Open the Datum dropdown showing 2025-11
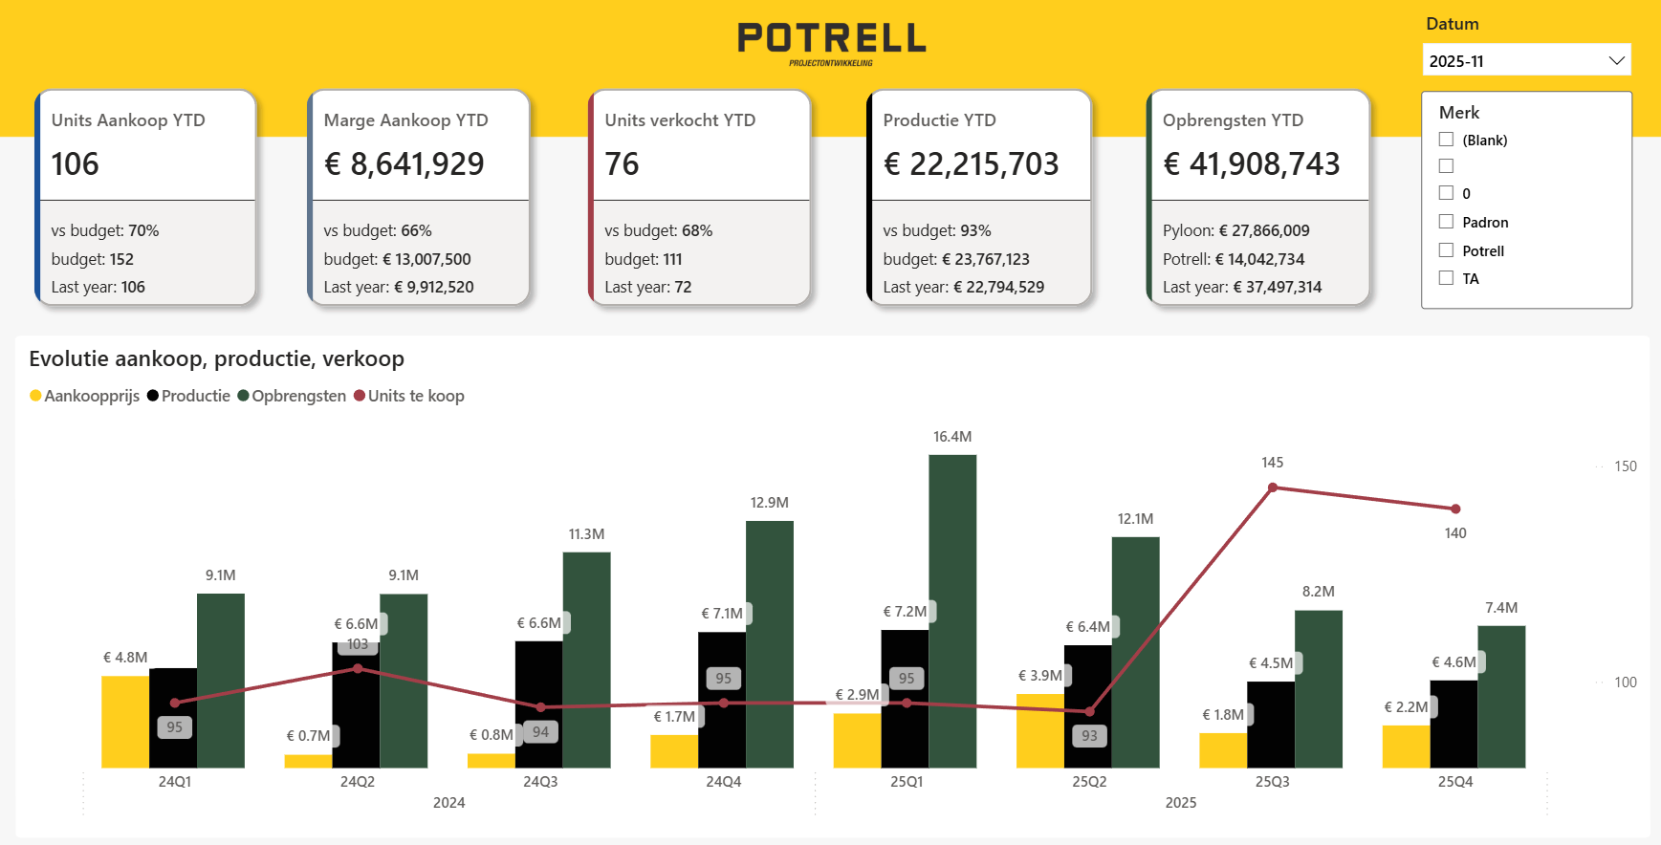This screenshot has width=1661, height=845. [1526, 60]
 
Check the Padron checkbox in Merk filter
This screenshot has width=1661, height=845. [1446, 222]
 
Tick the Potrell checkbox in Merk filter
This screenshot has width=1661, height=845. [1446, 250]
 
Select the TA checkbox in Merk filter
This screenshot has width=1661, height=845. [1446, 278]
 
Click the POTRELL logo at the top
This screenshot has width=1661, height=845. [831, 43]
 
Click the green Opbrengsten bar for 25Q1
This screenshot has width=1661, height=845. [952, 611]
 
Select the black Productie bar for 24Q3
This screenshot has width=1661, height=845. [539, 704]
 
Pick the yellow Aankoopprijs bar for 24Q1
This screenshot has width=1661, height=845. [125, 722]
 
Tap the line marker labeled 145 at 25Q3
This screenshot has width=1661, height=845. [1273, 487]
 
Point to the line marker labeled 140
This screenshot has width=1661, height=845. [1455, 509]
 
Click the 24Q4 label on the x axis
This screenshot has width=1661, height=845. [724, 782]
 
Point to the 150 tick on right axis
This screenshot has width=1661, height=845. [1626, 466]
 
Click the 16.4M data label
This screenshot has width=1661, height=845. [952, 437]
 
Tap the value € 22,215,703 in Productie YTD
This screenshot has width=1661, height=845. [971, 164]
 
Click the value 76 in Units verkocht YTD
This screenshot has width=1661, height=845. [622, 164]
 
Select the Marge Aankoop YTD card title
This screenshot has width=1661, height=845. [405, 120]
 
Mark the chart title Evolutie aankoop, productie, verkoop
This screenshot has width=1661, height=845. [217, 358]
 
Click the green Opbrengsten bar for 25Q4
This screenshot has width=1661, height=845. [1501, 697]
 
